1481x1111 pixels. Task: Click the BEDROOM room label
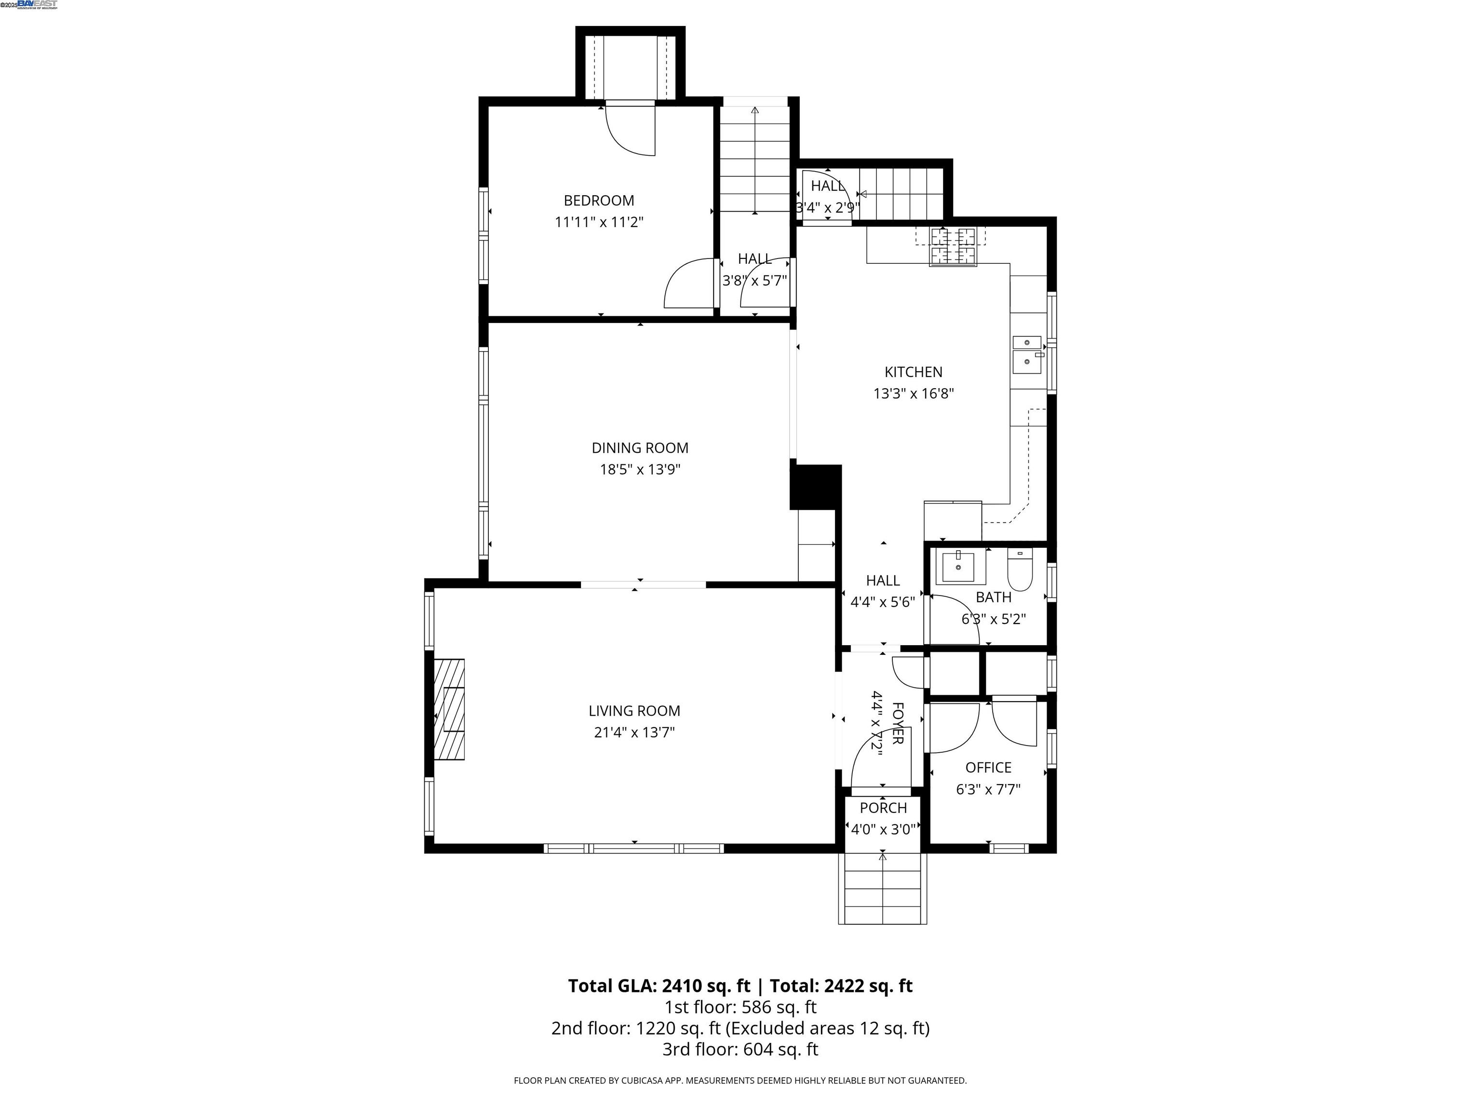click(599, 200)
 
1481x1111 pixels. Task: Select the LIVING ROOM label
click(634, 711)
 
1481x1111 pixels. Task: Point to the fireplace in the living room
click(449, 709)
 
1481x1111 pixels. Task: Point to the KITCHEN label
click(913, 372)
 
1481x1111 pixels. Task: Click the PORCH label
click(883, 808)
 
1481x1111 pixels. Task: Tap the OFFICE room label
click(988, 768)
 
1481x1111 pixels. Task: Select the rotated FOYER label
click(898, 723)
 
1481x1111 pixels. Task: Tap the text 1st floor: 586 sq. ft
click(740, 1006)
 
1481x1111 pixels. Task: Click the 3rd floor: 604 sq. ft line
click(740, 1049)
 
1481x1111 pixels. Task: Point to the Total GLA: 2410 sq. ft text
click(659, 986)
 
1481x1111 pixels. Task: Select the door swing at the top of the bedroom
click(630, 131)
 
